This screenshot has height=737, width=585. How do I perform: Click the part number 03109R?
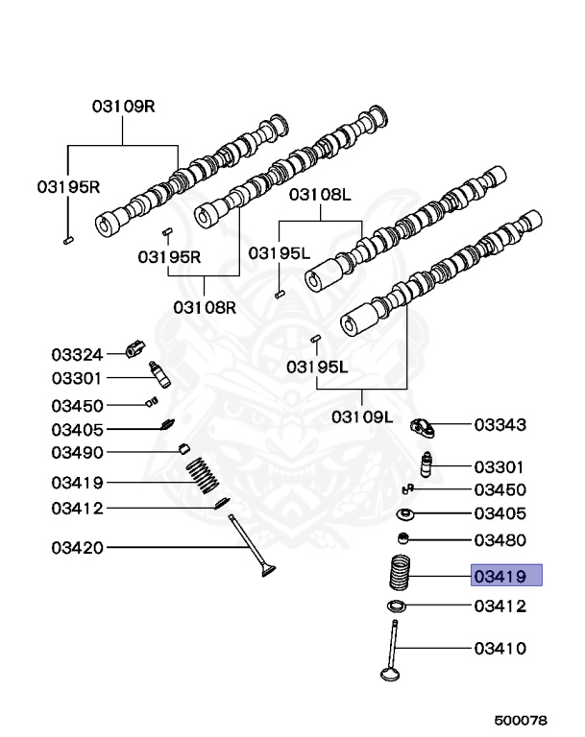coord(123,107)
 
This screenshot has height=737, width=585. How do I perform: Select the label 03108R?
coord(205,307)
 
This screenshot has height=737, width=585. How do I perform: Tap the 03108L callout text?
coord(321,195)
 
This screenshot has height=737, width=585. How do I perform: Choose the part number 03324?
coord(77,355)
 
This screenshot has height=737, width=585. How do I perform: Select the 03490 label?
coord(77,452)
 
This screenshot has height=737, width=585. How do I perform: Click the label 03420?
coord(77,548)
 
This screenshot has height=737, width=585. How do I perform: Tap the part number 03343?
coord(500,424)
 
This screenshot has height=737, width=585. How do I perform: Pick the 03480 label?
coord(500,539)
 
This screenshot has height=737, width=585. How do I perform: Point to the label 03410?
coord(500,649)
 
